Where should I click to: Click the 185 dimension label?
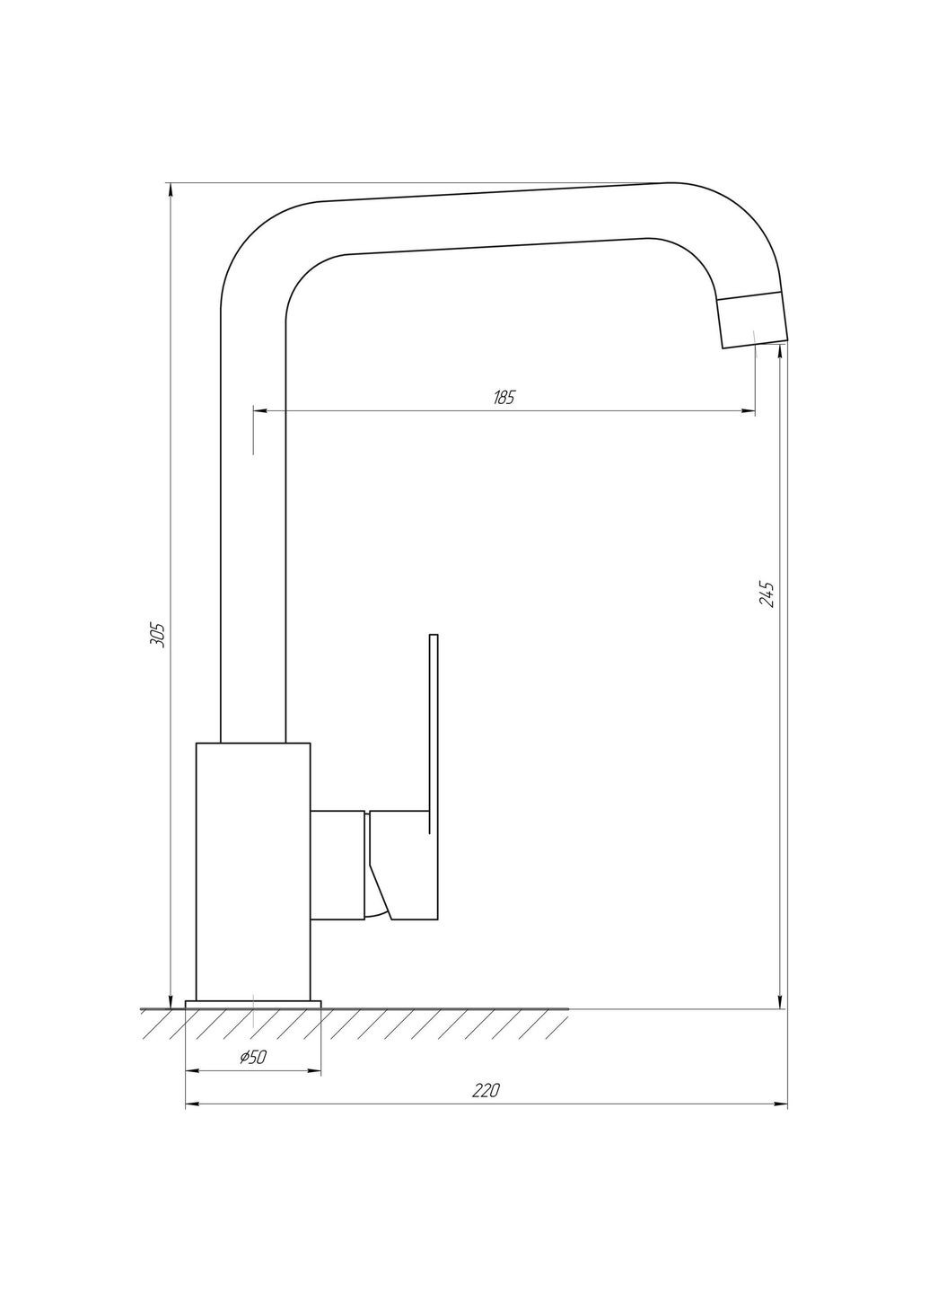click(504, 398)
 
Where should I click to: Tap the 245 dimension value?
click(766, 594)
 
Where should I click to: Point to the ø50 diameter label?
click(253, 1058)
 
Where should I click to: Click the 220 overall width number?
click(486, 1091)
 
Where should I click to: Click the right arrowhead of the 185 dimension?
click(749, 411)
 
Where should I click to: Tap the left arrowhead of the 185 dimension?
click(260, 411)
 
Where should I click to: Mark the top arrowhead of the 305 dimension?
click(170, 189)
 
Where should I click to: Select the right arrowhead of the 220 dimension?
click(781, 1104)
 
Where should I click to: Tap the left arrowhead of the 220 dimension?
click(191, 1104)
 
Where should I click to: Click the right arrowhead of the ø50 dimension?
click(315, 1071)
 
